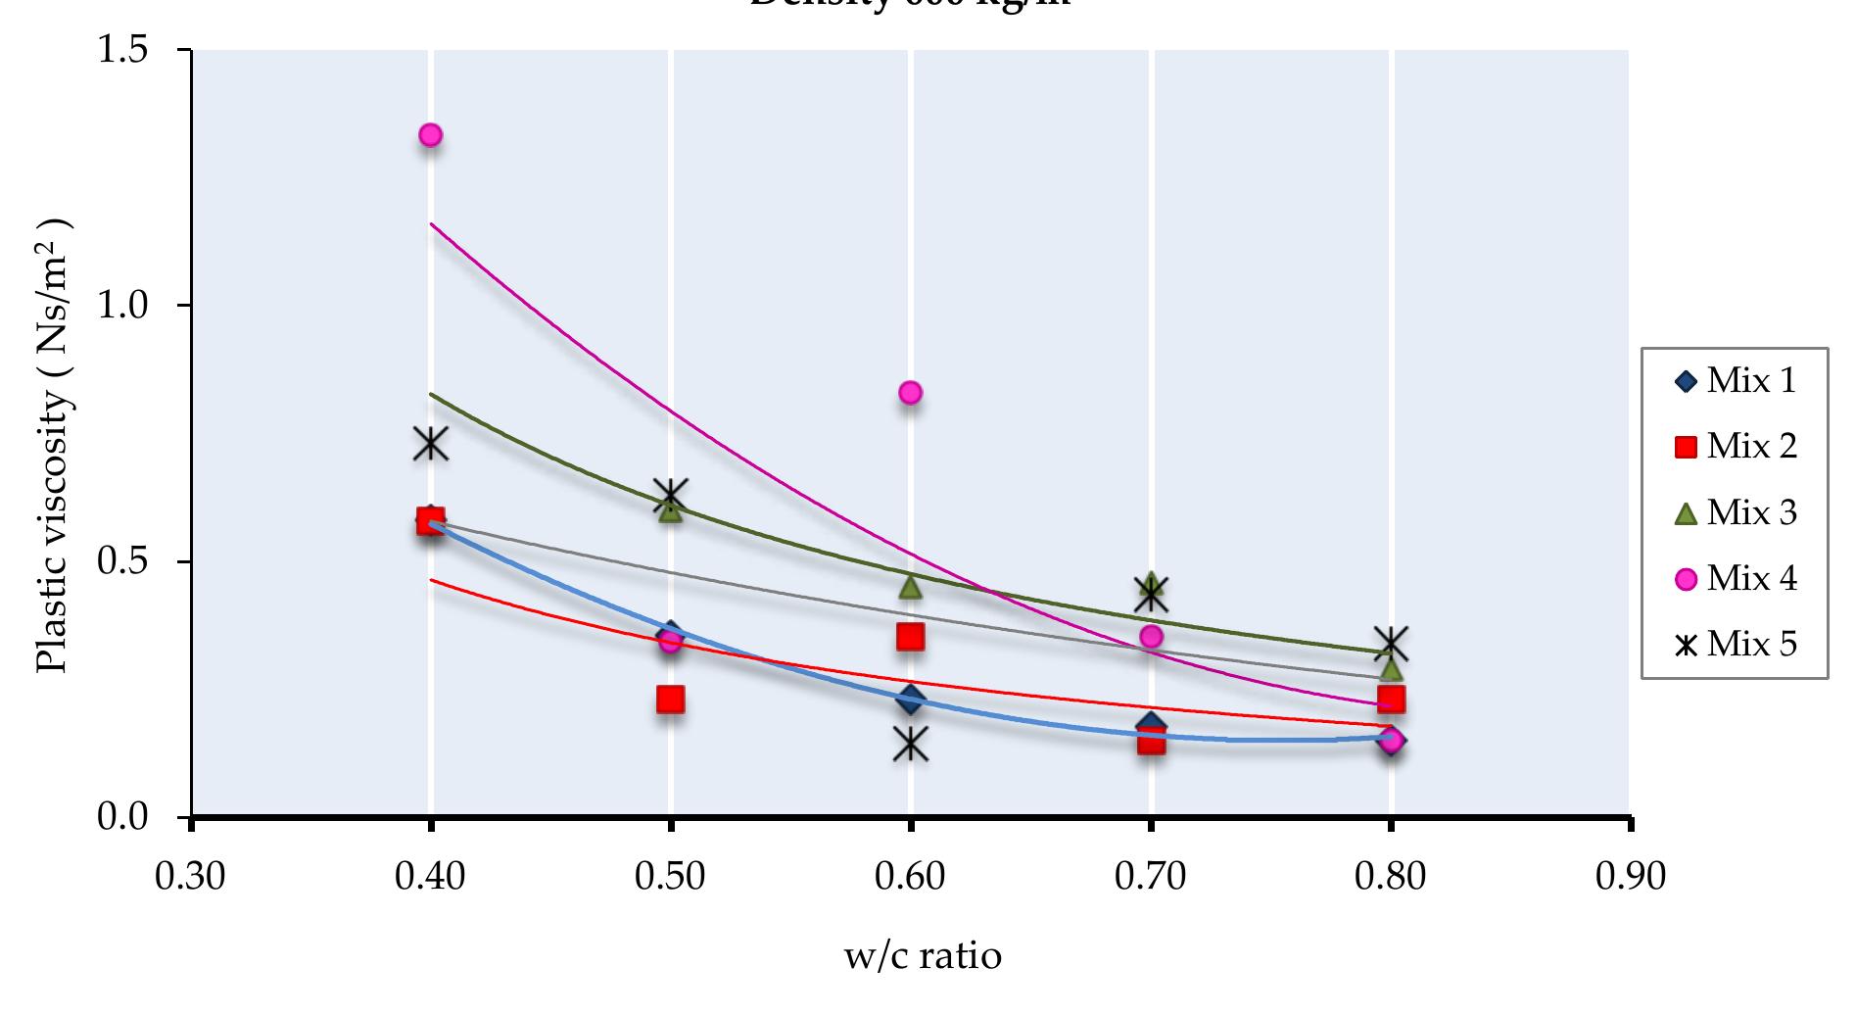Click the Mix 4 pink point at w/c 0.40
pos(430,135)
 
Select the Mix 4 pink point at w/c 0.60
pos(910,393)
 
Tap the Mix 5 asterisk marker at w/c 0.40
pos(430,444)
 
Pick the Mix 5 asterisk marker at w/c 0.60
pos(911,744)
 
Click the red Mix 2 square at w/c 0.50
pos(670,700)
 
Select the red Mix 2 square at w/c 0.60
pos(910,637)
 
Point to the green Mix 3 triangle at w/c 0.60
pos(910,586)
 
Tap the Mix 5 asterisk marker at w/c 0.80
pos(1391,644)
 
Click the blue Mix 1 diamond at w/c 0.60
pos(911,700)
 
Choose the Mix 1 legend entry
pos(1735,381)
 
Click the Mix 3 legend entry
pos(1735,513)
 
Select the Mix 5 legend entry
pos(1735,646)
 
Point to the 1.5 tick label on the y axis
pos(122,49)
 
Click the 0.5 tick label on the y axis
pos(122,561)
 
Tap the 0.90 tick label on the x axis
pos(1630,876)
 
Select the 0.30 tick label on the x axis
pos(190,876)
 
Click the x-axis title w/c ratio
pos(923,955)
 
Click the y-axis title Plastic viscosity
pos(54,446)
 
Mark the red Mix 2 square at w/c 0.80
pos(1391,700)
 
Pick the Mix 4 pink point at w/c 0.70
pos(1151,637)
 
